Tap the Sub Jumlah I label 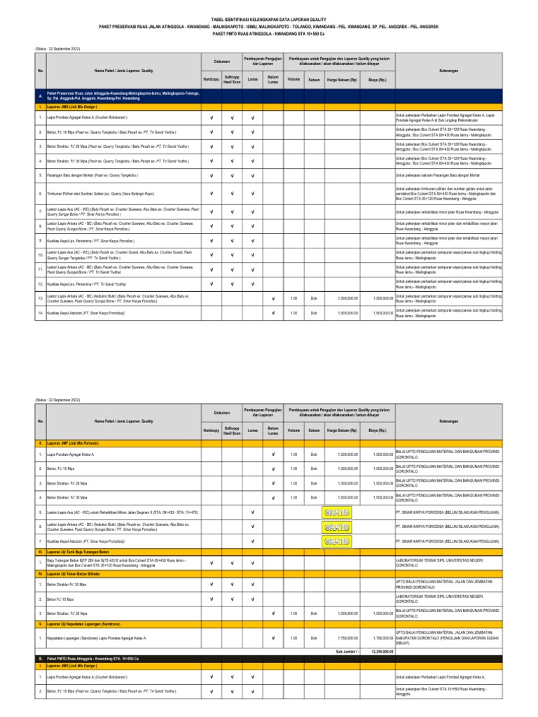coord(347,651)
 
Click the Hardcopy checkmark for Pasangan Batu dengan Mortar coord(211,175)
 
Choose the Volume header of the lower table coord(294,429)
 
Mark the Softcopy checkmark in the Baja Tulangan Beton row coord(232,563)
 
